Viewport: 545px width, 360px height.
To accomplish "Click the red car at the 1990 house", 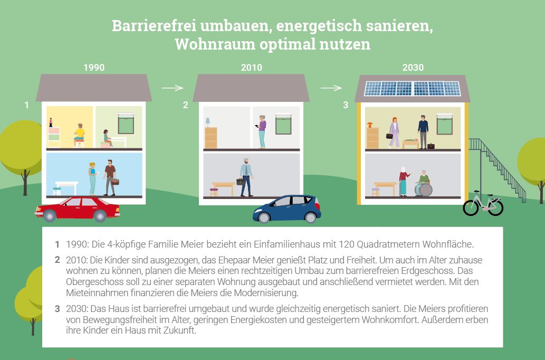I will (x=78, y=209).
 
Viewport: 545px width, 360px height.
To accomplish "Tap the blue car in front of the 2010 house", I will (x=287, y=209).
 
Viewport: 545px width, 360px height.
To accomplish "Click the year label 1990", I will (x=94, y=68).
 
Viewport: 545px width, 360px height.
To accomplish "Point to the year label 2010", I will (x=251, y=68).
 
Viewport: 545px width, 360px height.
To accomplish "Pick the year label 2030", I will (x=412, y=68).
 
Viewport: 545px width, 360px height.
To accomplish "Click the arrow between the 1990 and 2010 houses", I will (x=172, y=88).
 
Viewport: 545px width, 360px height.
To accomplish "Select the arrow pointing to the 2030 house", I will (x=331, y=88).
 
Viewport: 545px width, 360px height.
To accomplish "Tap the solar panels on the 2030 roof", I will (x=412, y=88).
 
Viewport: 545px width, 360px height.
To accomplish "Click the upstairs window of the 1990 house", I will (x=126, y=124).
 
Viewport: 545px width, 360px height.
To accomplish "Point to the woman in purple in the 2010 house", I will (x=262, y=131).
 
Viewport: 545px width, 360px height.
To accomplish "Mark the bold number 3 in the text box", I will (x=57, y=309).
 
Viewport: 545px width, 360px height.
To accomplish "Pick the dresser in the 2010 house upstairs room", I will (x=211, y=138).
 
